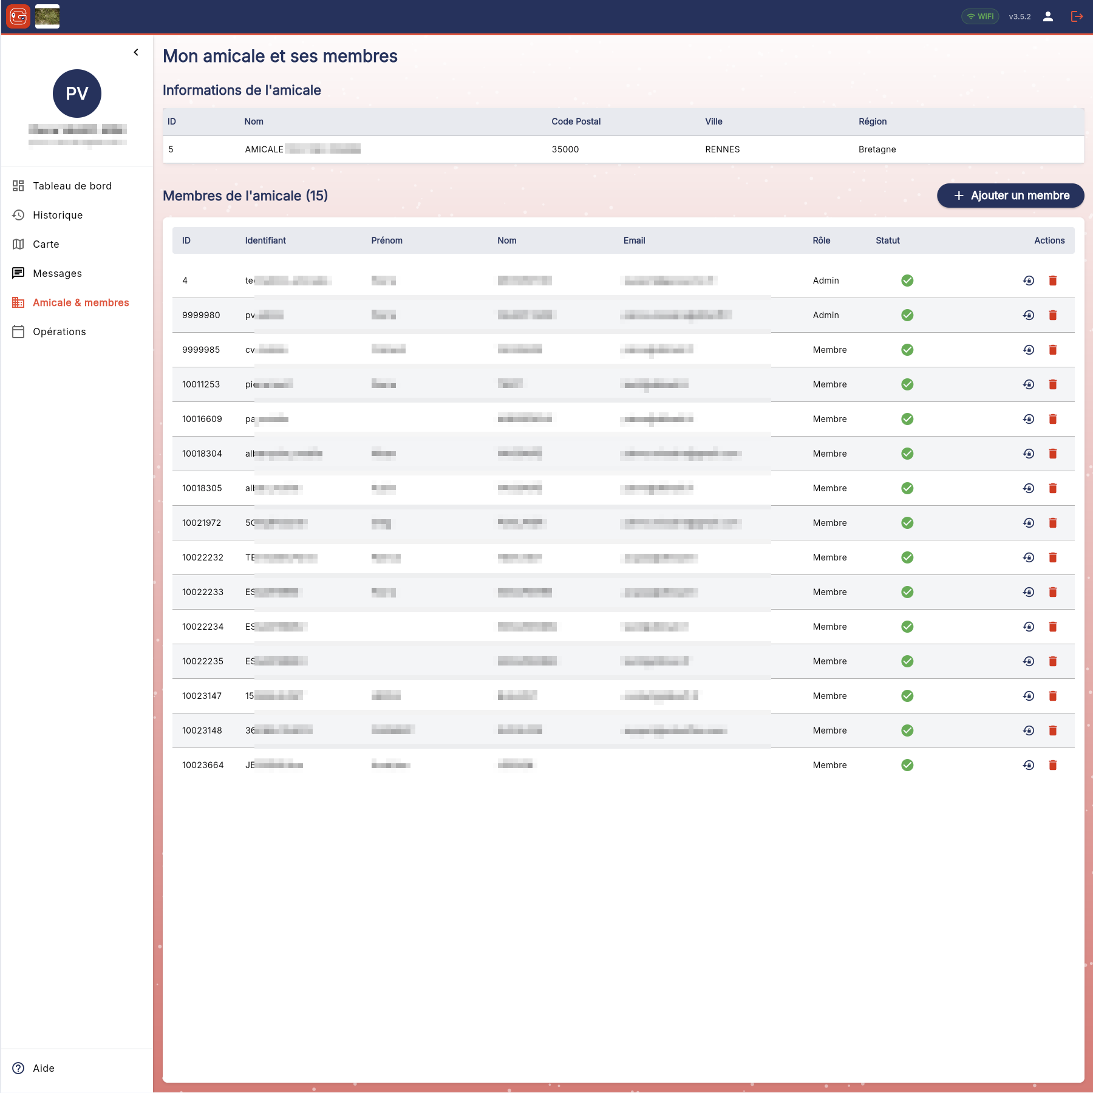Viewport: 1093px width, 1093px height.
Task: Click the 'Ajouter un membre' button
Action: (x=1010, y=196)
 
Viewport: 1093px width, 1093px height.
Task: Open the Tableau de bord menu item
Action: (x=72, y=186)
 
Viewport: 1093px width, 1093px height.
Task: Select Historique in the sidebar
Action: (x=58, y=215)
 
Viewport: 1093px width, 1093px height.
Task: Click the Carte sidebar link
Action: (x=46, y=244)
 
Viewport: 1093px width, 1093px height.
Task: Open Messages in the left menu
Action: (x=57, y=273)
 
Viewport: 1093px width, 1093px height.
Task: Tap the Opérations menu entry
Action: (x=60, y=332)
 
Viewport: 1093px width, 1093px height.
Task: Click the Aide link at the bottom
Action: (x=44, y=1068)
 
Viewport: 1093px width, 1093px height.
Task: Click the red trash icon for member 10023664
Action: (x=1053, y=765)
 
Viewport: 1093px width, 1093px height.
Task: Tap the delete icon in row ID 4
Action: (x=1053, y=281)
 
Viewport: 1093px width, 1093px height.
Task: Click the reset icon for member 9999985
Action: (x=1029, y=350)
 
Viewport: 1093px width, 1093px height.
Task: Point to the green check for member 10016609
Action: (x=907, y=419)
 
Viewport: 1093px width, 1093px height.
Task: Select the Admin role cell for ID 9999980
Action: (x=826, y=315)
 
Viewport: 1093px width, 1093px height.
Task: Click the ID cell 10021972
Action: (x=202, y=523)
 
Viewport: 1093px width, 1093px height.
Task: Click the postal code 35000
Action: (x=565, y=149)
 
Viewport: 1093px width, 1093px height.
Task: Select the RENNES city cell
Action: (x=722, y=149)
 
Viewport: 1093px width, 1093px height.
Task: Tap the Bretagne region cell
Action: (x=877, y=149)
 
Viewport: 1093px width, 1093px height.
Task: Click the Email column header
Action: (x=634, y=240)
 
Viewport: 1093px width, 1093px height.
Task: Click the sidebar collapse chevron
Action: (x=136, y=52)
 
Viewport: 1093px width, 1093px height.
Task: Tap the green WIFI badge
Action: (x=980, y=16)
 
